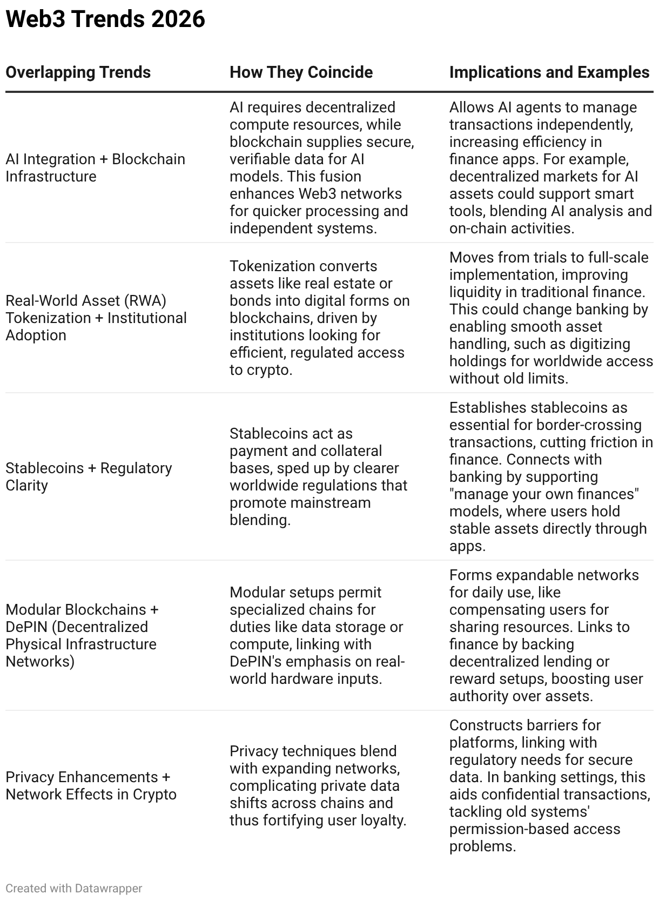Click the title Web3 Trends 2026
105,19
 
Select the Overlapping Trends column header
78,72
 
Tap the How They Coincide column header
301,72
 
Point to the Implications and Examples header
549,72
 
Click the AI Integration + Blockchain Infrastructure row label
95,167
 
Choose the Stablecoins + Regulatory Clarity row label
89,476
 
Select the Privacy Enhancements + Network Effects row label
91,785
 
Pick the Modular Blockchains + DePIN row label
82,635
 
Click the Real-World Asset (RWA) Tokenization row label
96,318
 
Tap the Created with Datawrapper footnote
74,888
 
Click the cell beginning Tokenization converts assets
319,318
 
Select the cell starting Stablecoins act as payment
318,476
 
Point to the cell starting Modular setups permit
317,635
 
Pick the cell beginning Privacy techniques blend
318,785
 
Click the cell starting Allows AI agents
550,167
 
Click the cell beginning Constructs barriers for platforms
549,785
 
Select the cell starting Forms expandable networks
546,635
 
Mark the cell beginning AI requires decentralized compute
321,167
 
